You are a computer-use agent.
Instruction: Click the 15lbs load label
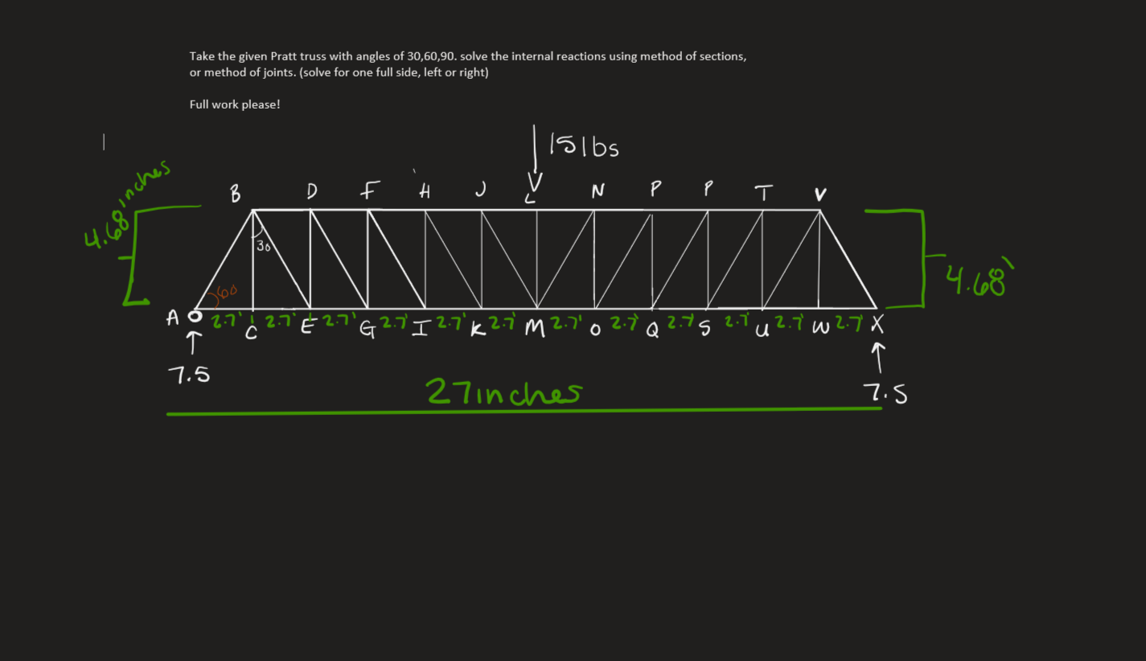[x=585, y=146]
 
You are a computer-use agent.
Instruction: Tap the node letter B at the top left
[x=235, y=194]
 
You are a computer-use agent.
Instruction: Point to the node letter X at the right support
[x=877, y=325]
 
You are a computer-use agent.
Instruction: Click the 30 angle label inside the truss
[x=263, y=247]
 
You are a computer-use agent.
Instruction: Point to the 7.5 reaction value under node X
[x=885, y=393]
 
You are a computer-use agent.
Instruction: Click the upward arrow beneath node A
[x=192, y=343]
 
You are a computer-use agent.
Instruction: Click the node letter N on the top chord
[x=598, y=191]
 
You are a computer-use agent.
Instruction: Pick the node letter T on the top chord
[x=762, y=193]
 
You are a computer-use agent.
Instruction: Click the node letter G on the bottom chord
[x=368, y=328]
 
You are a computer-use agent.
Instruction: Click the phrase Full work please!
[x=235, y=105]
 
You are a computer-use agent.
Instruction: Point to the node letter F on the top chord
[x=368, y=191]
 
